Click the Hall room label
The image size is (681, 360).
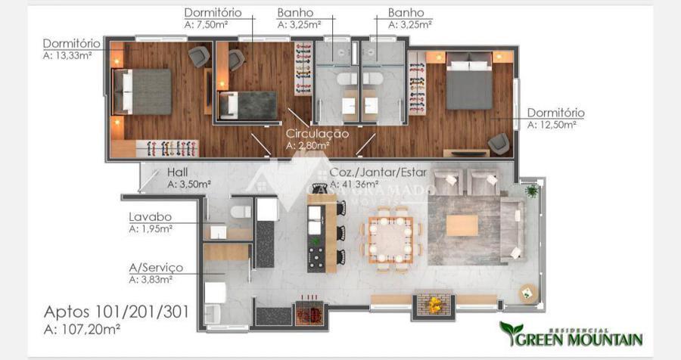pyautogui.click(x=177, y=172)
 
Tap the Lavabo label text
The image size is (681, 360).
pyautogui.click(x=151, y=217)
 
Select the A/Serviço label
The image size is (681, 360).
pyautogui.click(x=156, y=268)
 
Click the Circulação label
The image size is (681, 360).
pyautogui.click(x=317, y=134)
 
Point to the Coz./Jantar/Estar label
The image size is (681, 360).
pyautogui.click(x=378, y=172)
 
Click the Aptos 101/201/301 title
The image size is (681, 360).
pyautogui.click(x=117, y=312)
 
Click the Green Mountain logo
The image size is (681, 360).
pyautogui.click(x=571, y=335)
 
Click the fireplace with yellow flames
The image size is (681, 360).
pyautogui.click(x=434, y=304)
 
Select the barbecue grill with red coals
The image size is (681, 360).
pyautogui.click(x=309, y=312)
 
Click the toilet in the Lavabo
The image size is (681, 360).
pyautogui.click(x=241, y=212)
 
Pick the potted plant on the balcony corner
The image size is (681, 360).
pyautogui.click(x=532, y=191)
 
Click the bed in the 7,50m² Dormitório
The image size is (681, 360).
pyautogui.click(x=248, y=106)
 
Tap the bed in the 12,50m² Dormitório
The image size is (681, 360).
pyautogui.click(x=469, y=81)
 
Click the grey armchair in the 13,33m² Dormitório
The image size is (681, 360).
pyautogui.click(x=199, y=57)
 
